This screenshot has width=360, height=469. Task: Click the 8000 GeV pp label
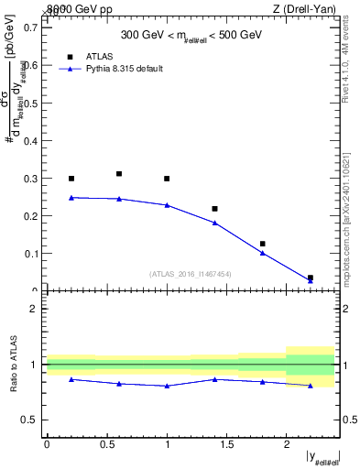pyautogui.click(x=72, y=9)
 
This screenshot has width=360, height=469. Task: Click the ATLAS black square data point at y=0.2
pyautogui.click(x=71, y=179)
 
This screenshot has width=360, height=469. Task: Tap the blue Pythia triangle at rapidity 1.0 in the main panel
pyautogui.click(x=167, y=205)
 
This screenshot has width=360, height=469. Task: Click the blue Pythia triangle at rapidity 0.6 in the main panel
pyautogui.click(x=119, y=199)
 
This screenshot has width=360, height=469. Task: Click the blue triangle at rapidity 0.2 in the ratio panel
pyautogui.click(x=71, y=379)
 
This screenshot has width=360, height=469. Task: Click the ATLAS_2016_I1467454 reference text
pyautogui.click(x=190, y=274)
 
